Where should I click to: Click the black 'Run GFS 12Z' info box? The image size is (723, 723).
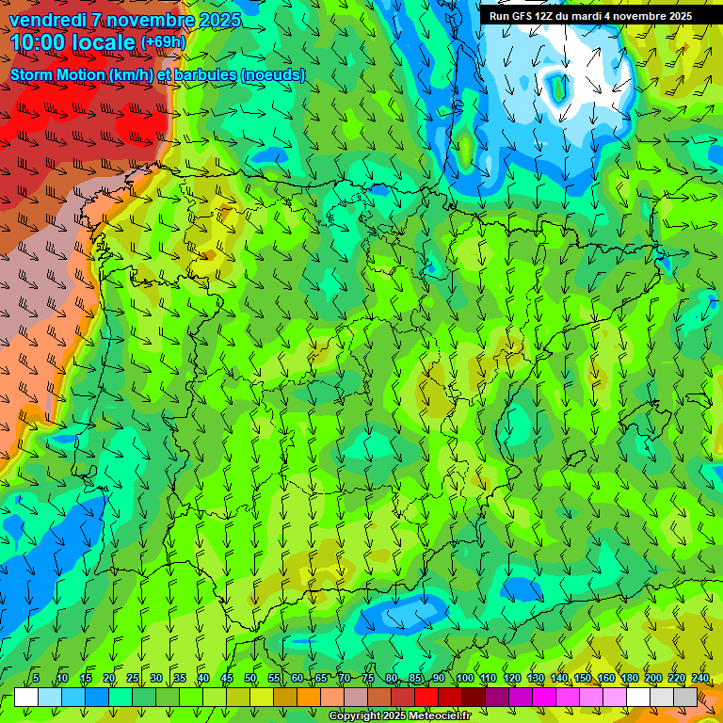[x=589, y=16]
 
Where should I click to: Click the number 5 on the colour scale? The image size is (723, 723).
[x=35, y=678]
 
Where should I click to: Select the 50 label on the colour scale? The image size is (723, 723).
[x=250, y=678]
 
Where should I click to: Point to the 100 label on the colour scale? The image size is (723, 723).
[x=465, y=678]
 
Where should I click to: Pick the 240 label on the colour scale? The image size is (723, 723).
[x=700, y=678]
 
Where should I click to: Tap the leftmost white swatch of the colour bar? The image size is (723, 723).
[x=26, y=698]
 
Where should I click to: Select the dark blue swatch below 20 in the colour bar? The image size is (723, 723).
[x=97, y=698]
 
